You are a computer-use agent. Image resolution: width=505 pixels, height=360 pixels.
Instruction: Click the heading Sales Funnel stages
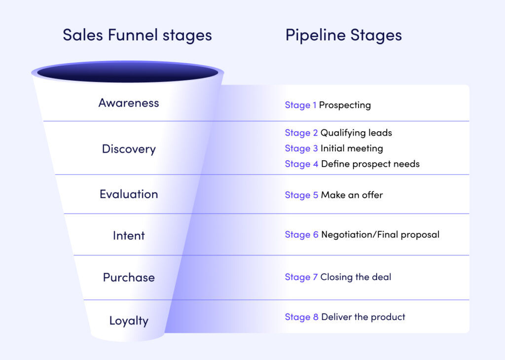pos(137,36)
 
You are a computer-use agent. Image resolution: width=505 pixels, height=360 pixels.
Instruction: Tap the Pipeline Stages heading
pos(343,36)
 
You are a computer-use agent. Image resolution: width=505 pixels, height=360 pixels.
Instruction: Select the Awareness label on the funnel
pos(129,103)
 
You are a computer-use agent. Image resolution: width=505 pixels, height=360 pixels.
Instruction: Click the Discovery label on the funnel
pos(129,149)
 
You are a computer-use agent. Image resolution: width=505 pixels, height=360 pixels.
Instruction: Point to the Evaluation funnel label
pos(129,194)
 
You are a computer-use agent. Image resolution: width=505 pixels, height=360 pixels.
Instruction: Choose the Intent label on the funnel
pos(129,236)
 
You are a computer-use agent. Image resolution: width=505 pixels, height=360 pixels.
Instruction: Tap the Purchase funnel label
pos(129,278)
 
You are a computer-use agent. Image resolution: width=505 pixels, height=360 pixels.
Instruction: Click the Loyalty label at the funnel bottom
pos(129,321)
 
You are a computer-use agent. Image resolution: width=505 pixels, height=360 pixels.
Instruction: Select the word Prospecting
pos(345,105)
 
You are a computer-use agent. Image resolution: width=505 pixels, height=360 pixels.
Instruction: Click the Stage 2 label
pos(301,133)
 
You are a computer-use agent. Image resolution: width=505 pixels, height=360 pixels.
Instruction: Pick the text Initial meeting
pos(352,148)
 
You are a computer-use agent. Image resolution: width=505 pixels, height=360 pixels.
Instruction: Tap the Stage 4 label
pos(301,164)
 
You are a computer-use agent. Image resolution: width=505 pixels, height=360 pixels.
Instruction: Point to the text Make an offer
pos(352,195)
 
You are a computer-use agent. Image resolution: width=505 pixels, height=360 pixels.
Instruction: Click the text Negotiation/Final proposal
pos(380,235)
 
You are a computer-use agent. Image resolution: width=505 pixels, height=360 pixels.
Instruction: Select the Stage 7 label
pos(301,277)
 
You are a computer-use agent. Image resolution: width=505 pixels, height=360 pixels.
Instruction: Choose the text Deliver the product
pos(363,317)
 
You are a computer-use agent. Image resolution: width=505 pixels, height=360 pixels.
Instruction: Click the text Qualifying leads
pos(356,133)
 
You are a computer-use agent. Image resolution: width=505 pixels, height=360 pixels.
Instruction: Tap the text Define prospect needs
pos(370,164)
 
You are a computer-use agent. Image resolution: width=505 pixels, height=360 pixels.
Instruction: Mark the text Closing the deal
pos(356,277)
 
